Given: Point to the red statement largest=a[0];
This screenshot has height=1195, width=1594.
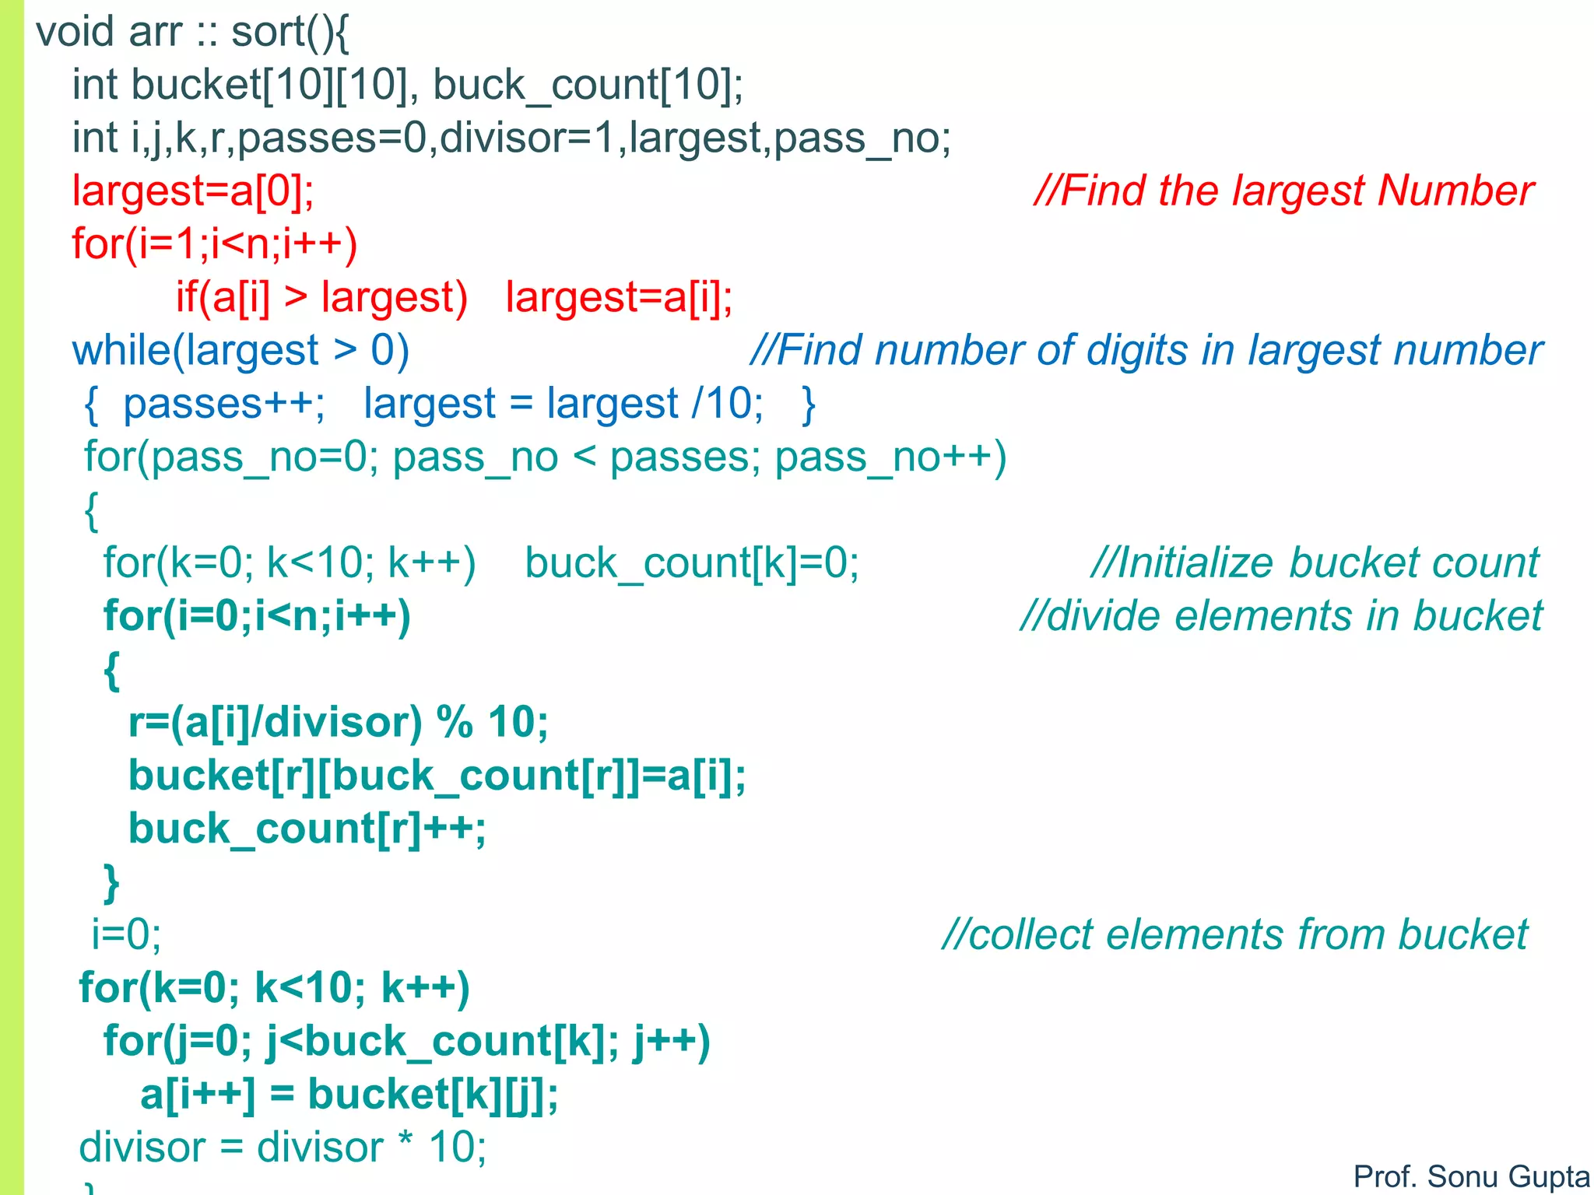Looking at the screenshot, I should coord(193,191).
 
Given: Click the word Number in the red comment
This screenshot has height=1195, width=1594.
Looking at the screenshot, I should coord(1455,191).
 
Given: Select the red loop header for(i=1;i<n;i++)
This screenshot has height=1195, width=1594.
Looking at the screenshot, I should coord(215,244).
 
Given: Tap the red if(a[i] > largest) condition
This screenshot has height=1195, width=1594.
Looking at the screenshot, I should coord(321,298).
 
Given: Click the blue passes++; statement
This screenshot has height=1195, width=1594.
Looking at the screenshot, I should coord(224,405).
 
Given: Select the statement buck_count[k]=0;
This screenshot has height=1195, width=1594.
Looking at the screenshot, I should coord(692,563).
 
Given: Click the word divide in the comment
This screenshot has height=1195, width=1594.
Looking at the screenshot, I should coord(1104,617).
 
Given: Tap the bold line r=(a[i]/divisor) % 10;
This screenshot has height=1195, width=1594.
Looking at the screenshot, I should coord(339,723).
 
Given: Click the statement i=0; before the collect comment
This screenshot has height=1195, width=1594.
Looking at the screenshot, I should coord(126,935).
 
